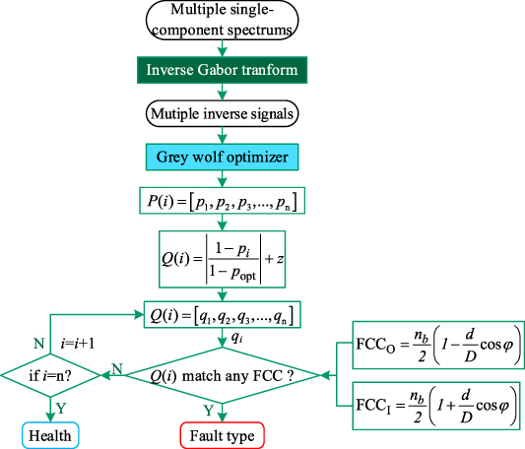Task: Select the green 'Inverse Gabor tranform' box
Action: tap(223, 71)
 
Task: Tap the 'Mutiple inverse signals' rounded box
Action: tap(223, 113)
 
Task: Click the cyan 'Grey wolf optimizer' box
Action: tap(223, 158)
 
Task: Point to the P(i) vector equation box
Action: tap(223, 202)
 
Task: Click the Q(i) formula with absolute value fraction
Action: tap(223, 257)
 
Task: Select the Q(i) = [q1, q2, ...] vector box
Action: tap(223, 315)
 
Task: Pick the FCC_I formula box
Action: tap(436, 404)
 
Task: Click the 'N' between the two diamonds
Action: tap(116, 366)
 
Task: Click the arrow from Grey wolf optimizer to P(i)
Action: tap(223, 180)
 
